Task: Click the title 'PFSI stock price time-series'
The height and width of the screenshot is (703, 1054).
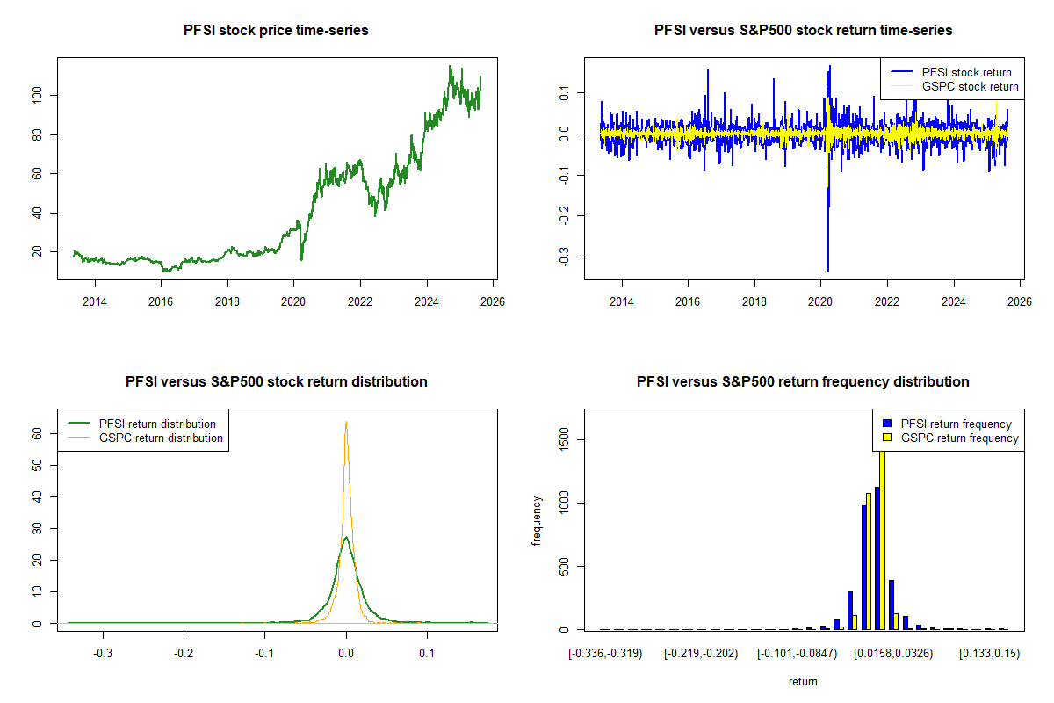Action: [276, 31]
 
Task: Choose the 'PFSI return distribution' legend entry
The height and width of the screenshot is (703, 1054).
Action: [157, 424]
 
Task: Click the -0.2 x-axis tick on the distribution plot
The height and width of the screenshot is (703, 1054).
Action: [184, 654]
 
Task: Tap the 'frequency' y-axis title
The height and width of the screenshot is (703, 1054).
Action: [537, 520]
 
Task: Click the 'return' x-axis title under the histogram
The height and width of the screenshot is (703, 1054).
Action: [803, 681]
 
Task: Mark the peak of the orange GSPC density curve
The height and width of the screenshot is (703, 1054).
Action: [346, 422]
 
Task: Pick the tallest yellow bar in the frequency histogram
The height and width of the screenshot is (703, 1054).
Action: [882, 536]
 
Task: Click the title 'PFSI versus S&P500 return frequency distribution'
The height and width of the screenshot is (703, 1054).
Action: [803, 382]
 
